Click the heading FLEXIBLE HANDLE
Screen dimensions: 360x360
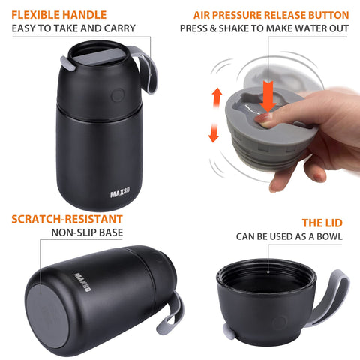[58, 14]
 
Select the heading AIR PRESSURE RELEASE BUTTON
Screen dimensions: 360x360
[271, 14]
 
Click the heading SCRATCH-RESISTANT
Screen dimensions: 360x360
[67, 220]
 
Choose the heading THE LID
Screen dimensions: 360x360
[323, 223]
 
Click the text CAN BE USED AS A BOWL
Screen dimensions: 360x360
[289, 237]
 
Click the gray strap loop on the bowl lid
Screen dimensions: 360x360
[337, 300]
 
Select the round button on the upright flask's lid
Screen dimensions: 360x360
[117, 96]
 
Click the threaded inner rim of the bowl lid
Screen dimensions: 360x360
[265, 274]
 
